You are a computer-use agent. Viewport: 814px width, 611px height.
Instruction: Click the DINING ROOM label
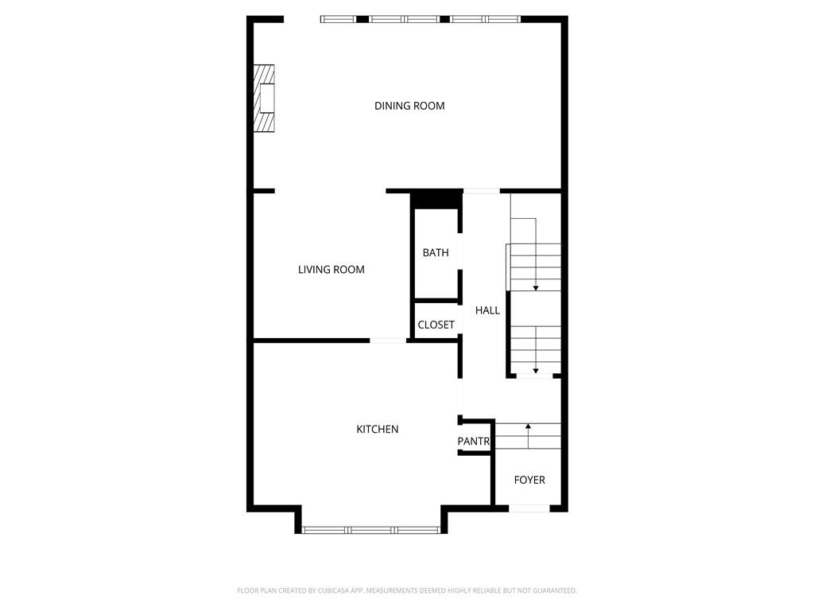409,106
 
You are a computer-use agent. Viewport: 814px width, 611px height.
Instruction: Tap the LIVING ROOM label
331,270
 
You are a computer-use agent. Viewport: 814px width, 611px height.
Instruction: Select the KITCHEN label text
377,430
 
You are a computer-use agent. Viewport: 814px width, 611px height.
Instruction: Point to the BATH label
436,253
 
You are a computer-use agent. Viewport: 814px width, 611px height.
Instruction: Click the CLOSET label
436,325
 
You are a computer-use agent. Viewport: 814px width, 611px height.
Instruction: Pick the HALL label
487,310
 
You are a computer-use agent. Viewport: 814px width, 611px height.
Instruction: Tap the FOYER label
529,480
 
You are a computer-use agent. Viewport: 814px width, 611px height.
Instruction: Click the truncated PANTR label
474,442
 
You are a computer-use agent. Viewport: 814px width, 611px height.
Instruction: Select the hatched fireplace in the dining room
264,98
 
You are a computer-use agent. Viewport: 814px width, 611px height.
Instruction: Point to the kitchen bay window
371,529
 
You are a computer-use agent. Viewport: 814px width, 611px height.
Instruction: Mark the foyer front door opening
529,508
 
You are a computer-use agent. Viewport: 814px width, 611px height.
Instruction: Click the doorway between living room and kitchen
389,341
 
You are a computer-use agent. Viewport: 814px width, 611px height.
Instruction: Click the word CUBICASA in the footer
321,590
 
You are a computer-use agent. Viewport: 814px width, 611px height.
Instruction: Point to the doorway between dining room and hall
481,191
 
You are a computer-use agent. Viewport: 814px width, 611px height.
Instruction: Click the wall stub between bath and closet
436,301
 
